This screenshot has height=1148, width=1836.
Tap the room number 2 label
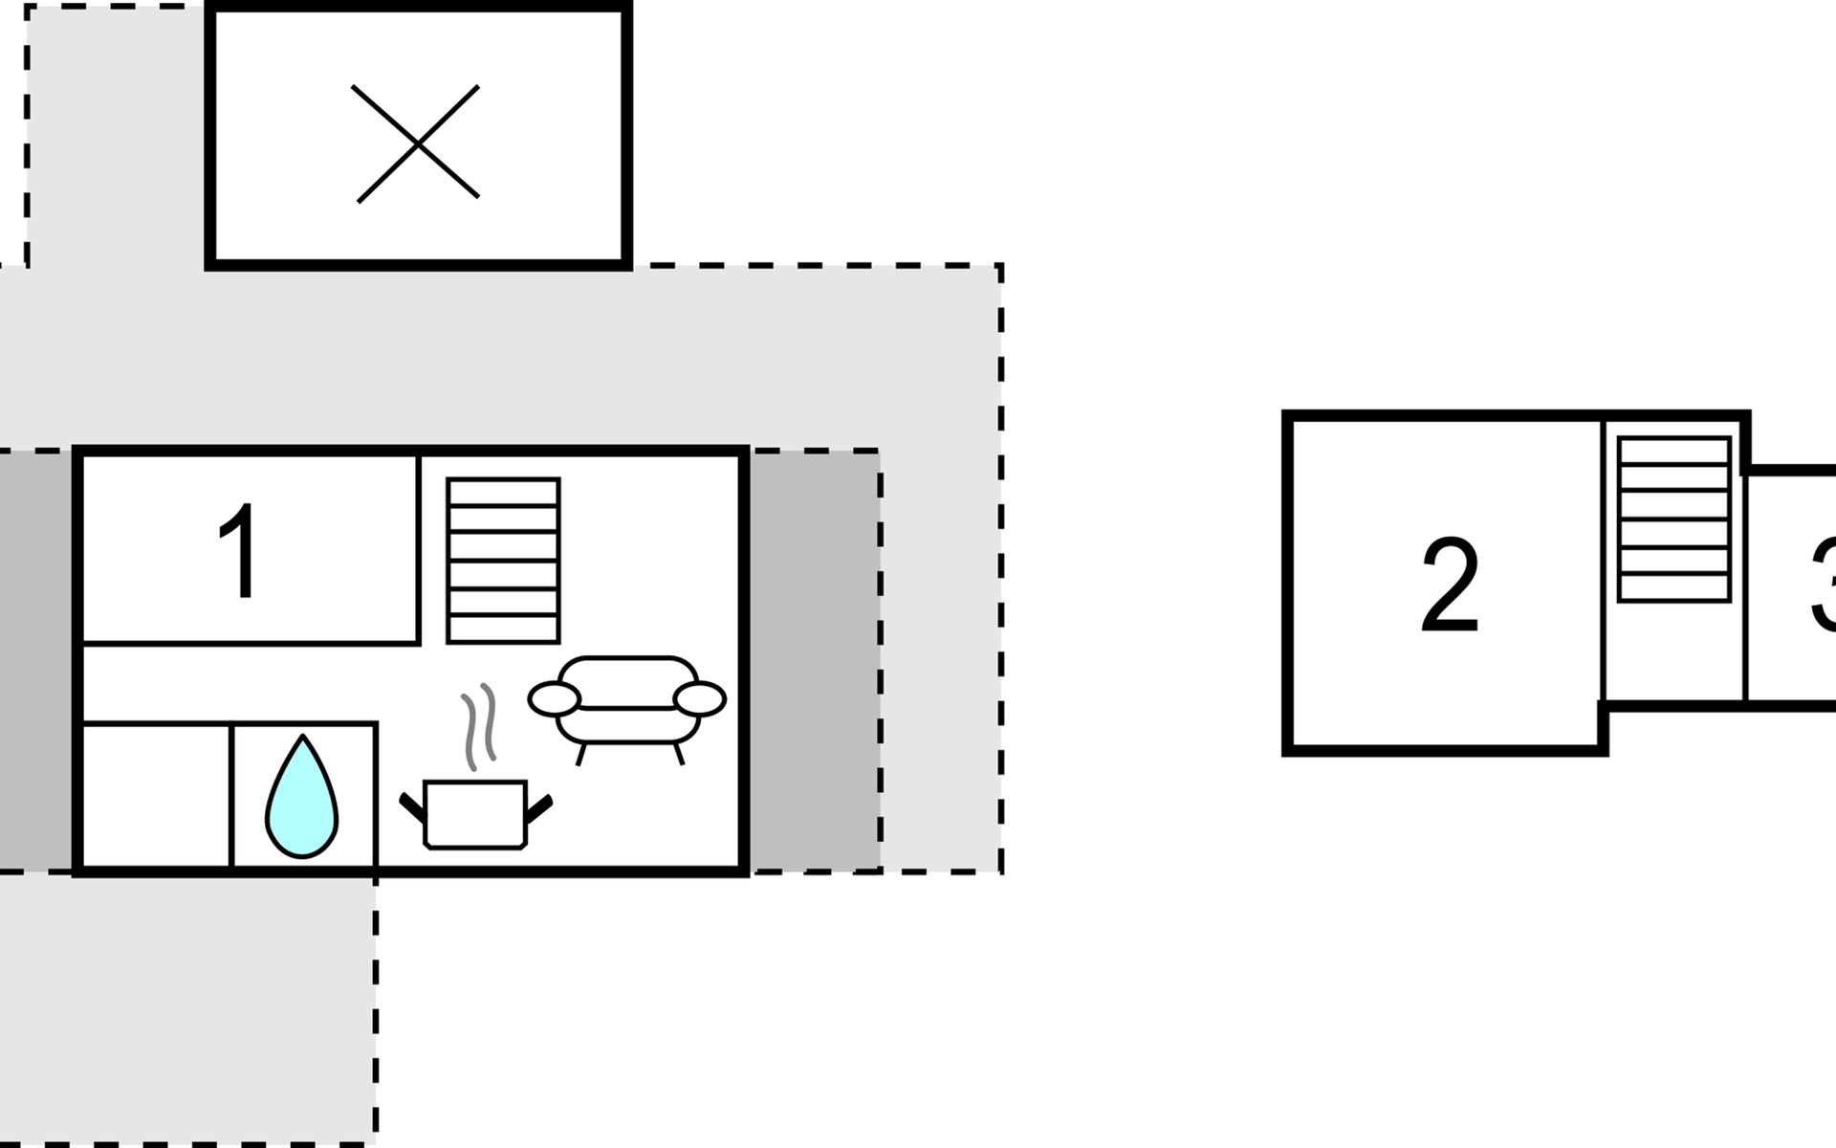point(1450,585)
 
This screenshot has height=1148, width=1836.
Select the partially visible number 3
point(1824,585)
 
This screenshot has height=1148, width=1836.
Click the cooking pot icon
point(475,814)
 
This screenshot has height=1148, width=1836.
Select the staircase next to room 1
point(503,561)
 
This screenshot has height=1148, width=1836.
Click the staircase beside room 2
point(1673,519)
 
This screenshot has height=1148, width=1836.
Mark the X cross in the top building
point(417,143)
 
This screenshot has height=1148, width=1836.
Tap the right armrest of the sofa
point(700,699)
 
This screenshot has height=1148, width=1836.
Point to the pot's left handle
point(412,806)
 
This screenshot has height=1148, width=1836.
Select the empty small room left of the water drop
point(157,796)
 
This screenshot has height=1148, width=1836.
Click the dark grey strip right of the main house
point(815,660)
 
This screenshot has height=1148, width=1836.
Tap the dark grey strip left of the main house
point(35,660)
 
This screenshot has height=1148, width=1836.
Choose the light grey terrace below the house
point(186,1004)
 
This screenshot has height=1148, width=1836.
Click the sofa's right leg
point(679,754)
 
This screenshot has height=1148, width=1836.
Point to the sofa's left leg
point(579,754)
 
